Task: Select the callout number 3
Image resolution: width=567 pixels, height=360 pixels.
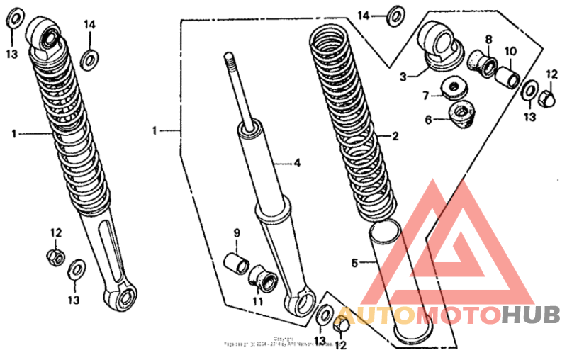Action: [402, 76]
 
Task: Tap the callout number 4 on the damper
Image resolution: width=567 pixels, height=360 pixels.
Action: [298, 163]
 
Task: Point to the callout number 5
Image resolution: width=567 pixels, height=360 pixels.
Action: [354, 263]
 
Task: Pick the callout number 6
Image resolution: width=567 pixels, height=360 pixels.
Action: [428, 120]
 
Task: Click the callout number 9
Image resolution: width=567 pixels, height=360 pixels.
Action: [237, 233]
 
